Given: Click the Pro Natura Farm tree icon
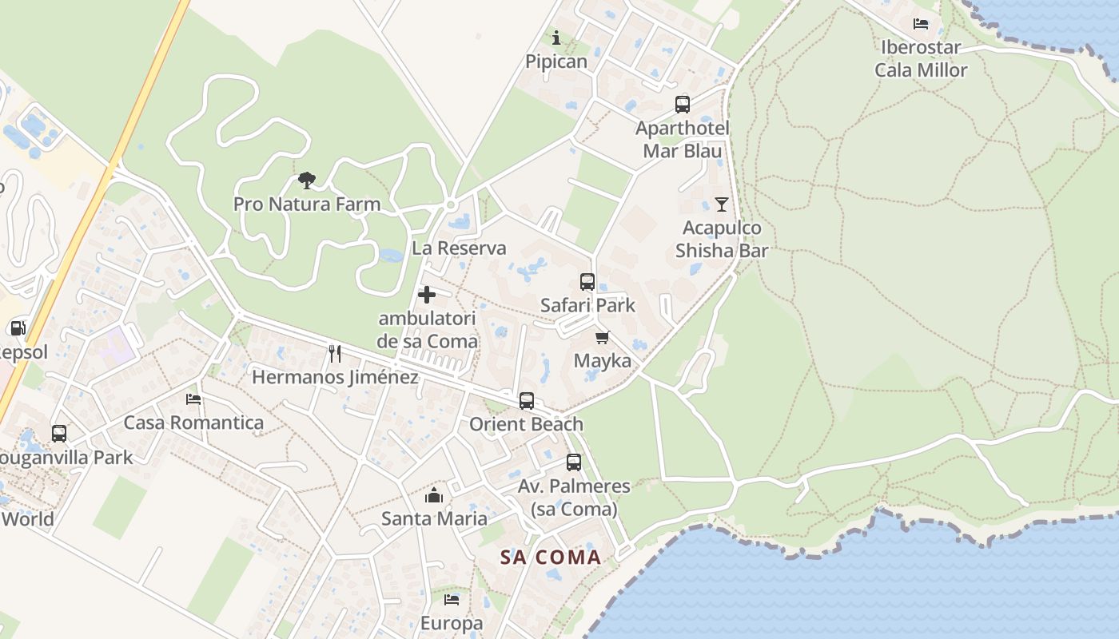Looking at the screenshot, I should (x=306, y=180).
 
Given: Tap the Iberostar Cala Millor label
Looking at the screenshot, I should (x=921, y=58).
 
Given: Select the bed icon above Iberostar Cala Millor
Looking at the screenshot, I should (x=921, y=24).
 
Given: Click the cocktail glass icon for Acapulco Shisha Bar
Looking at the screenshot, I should (x=722, y=204).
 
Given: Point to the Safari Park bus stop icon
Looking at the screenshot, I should (x=587, y=281).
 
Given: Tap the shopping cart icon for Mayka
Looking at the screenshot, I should (x=603, y=337).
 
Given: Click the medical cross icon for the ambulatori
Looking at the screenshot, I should (x=427, y=295).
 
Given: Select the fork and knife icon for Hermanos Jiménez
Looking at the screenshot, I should (x=335, y=353).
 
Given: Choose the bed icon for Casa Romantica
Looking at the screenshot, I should (x=193, y=399).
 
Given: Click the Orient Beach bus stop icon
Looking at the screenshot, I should (x=526, y=400).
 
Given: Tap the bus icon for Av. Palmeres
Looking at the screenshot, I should (x=574, y=462).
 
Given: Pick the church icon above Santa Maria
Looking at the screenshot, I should (x=434, y=495).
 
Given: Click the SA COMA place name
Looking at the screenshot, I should (x=551, y=558).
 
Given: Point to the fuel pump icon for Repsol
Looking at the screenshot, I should (x=18, y=327).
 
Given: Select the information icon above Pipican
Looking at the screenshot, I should (x=556, y=37).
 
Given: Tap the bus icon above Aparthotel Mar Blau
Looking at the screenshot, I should (x=682, y=104).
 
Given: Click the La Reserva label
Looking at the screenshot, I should (x=459, y=248).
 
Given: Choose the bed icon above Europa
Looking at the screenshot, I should (x=452, y=599).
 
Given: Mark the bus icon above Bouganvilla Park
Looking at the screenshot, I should (x=59, y=434).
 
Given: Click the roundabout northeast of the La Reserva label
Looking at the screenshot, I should (x=450, y=205).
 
